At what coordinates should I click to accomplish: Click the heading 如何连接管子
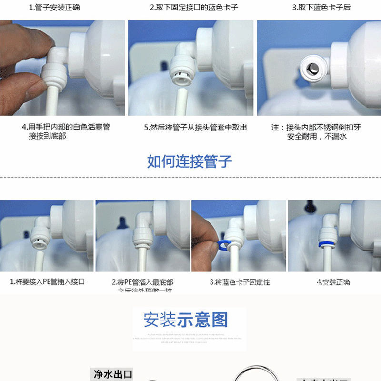pos(190,161)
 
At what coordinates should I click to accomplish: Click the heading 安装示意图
pos(186,320)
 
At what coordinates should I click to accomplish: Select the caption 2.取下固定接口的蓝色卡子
pos(193,8)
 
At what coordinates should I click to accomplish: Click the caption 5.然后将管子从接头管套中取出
pos(196,128)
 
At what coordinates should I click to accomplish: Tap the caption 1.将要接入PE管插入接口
pos(47,281)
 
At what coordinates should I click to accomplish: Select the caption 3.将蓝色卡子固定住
pos(240,282)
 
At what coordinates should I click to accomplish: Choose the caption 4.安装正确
pos(333,282)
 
